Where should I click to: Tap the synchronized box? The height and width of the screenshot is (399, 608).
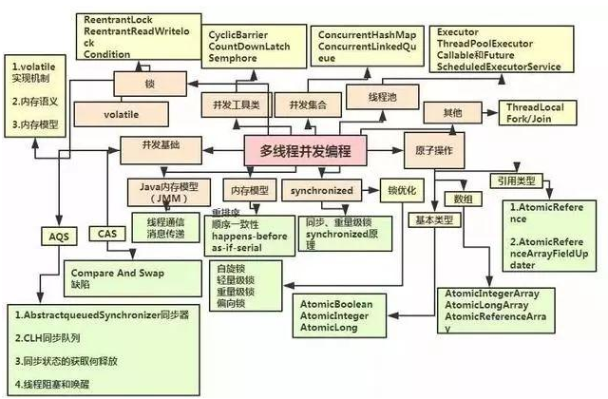[x=322, y=189]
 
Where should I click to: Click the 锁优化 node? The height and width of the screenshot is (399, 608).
[x=399, y=189]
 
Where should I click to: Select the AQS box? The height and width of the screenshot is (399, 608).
[x=55, y=234]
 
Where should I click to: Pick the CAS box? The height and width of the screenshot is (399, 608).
[x=105, y=232]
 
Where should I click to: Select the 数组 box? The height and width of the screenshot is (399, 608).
[x=463, y=199]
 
